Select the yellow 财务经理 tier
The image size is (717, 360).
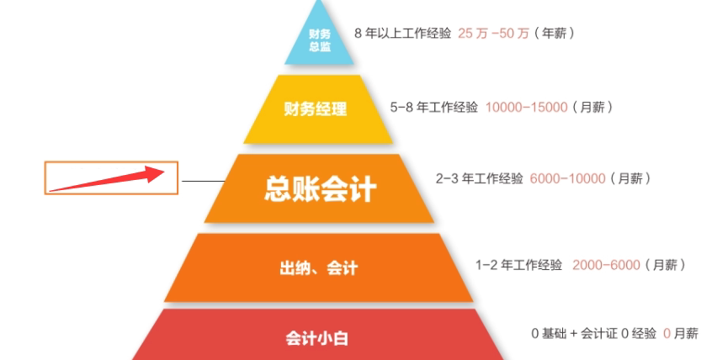[x=316, y=109]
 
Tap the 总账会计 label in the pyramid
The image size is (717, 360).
[x=320, y=189]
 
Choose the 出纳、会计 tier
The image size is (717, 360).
[x=319, y=268]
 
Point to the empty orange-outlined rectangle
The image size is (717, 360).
[x=111, y=178]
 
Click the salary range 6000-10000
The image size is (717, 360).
[x=568, y=179]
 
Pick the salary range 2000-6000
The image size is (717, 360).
[x=606, y=265]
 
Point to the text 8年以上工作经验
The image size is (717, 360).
[x=403, y=34]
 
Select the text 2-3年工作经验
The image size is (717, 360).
[x=479, y=179]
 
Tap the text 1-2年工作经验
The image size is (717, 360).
[x=518, y=265]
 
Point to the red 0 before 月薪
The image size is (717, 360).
[x=667, y=334]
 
